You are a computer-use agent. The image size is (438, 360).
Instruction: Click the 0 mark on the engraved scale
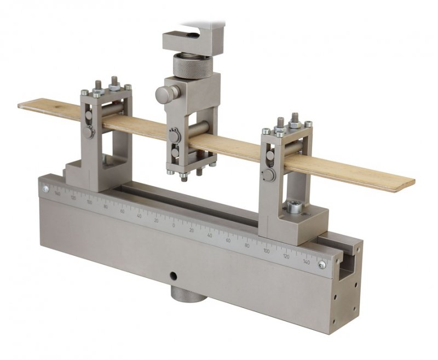click(174, 225)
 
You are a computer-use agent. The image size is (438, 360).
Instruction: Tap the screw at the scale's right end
click(322, 265)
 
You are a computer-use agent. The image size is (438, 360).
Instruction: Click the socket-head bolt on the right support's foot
click(294, 208)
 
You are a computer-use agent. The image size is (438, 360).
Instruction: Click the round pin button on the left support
click(88, 132)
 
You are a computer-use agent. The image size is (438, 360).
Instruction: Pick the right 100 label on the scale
click(266, 251)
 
